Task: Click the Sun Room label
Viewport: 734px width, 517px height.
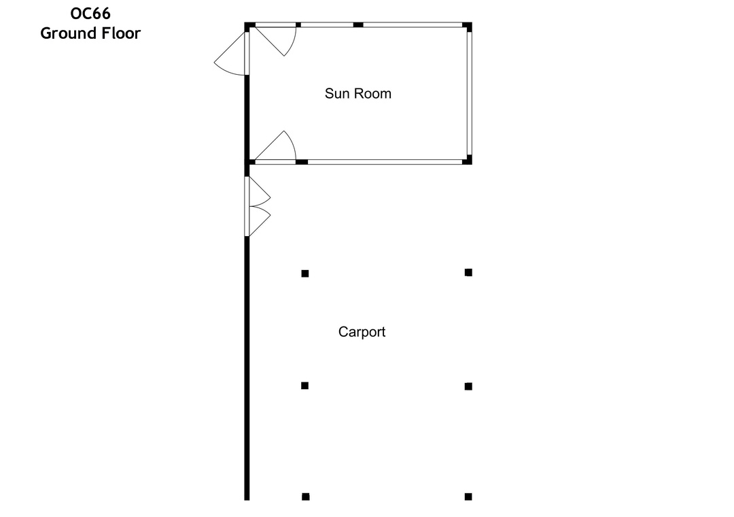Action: [357, 94]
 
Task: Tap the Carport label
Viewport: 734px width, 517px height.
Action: [362, 332]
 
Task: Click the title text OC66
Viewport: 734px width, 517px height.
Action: [90, 13]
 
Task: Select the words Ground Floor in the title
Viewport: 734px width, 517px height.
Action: [90, 33]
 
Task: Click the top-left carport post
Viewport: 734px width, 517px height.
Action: [305, 273]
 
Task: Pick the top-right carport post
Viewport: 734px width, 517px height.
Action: [468, 272]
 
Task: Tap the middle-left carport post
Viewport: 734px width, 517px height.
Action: [305, 386]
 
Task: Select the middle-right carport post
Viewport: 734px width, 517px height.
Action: [468, 386]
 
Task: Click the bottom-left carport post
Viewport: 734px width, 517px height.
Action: [306, 497]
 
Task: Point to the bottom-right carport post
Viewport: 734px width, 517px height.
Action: [468, 497]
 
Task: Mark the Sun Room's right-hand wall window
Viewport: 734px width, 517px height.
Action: [469, 94]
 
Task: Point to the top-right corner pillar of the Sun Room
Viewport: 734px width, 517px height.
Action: [468, 27]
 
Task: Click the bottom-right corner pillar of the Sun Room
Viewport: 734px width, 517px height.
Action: [468, 161]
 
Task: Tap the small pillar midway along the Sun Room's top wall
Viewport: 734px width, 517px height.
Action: [358, 25]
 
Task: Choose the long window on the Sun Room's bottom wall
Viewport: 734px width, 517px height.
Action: [384, 162]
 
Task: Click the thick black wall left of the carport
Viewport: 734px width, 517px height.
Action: [247, 367]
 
